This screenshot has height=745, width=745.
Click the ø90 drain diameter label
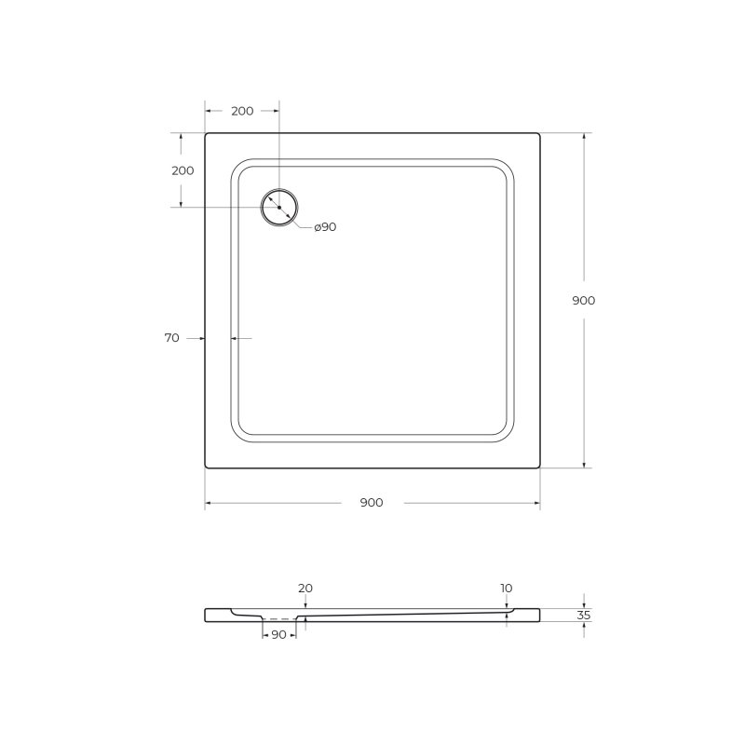tap(325, 227)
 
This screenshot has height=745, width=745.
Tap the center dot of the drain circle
tap(279, 208)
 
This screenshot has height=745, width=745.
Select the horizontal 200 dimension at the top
tap(242, 111)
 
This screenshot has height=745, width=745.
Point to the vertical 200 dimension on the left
tap(183, 170)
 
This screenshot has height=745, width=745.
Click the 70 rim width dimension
tap(172, 338)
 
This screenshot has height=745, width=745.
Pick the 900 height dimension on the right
tap(584, 300)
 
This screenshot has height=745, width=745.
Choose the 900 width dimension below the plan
tap(372, 503)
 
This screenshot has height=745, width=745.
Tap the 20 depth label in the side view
tap(305, 589)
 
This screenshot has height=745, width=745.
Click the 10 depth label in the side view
tap(507, 589)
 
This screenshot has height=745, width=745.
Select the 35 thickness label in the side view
tap(584, 616)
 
